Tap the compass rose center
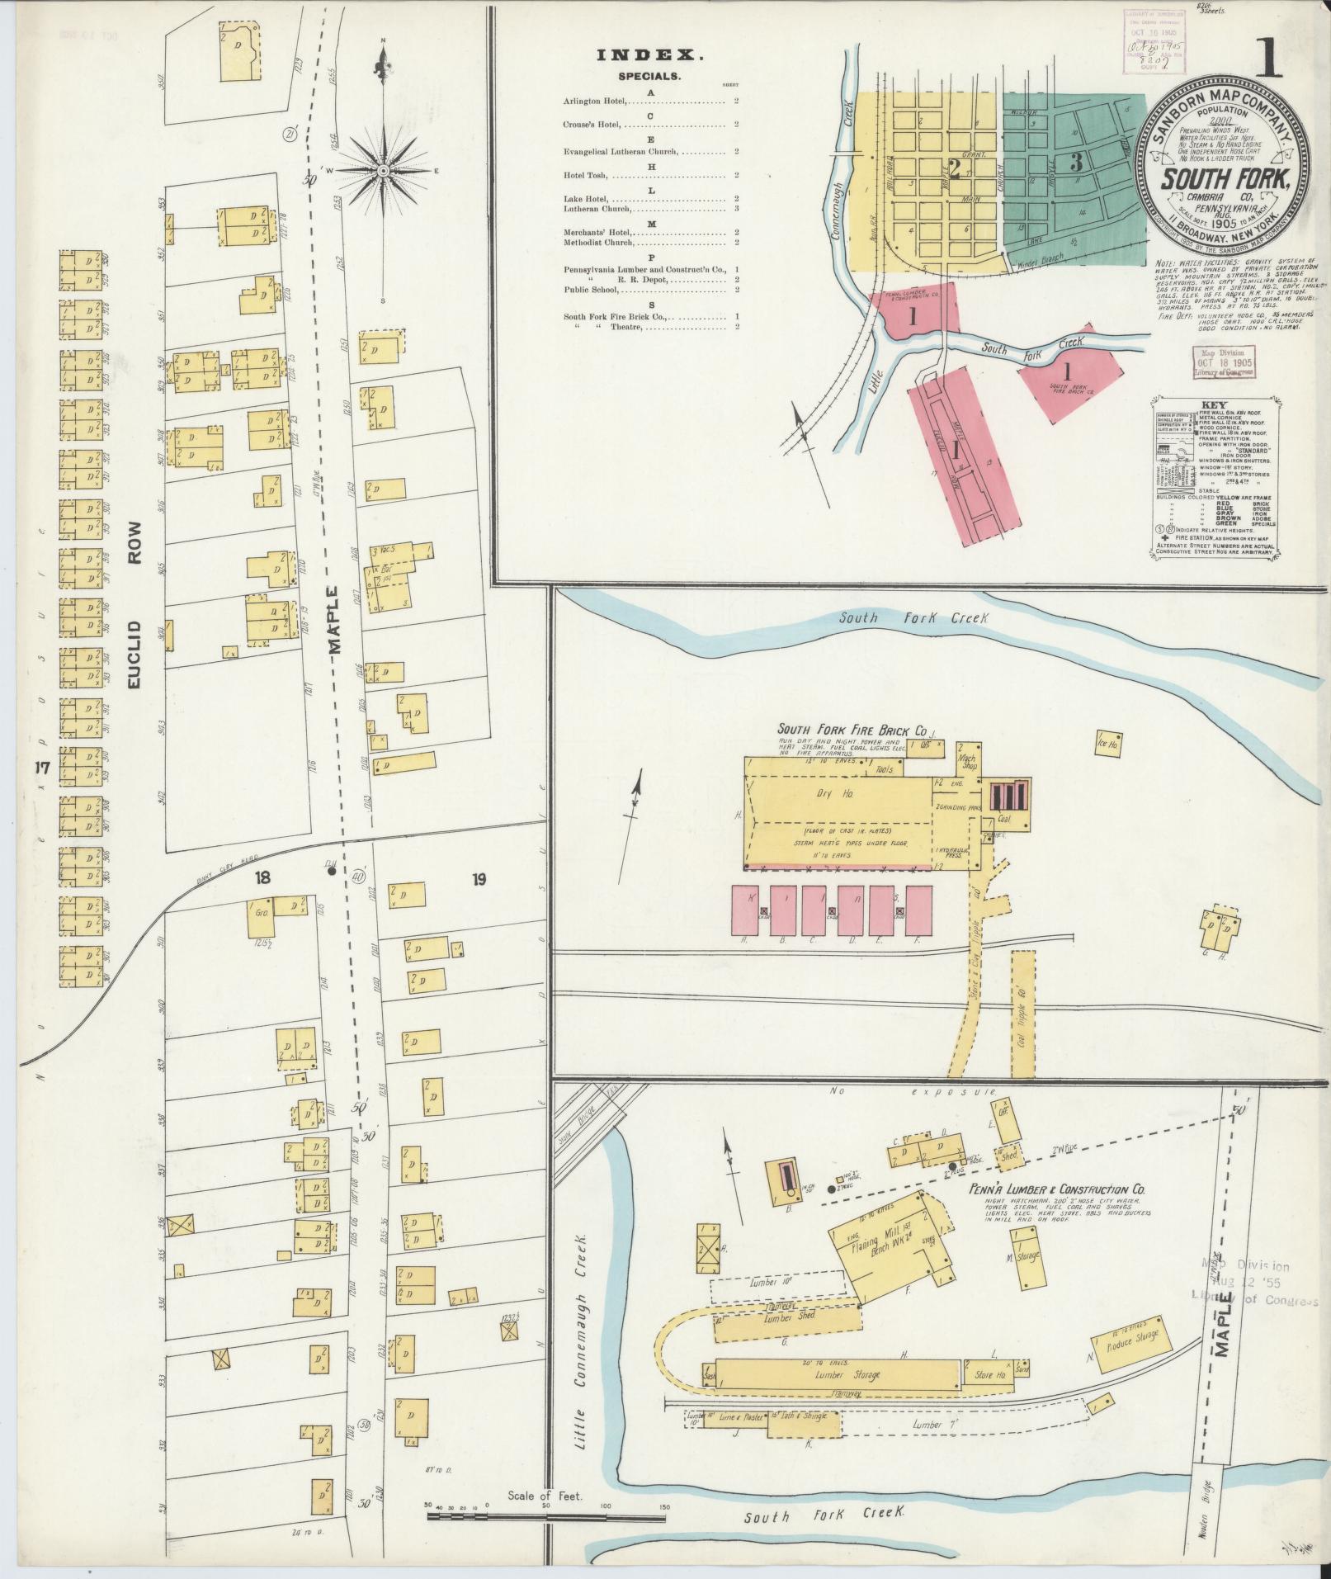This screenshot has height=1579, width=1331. point(383,170)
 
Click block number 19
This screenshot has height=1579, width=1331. point(478,880)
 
